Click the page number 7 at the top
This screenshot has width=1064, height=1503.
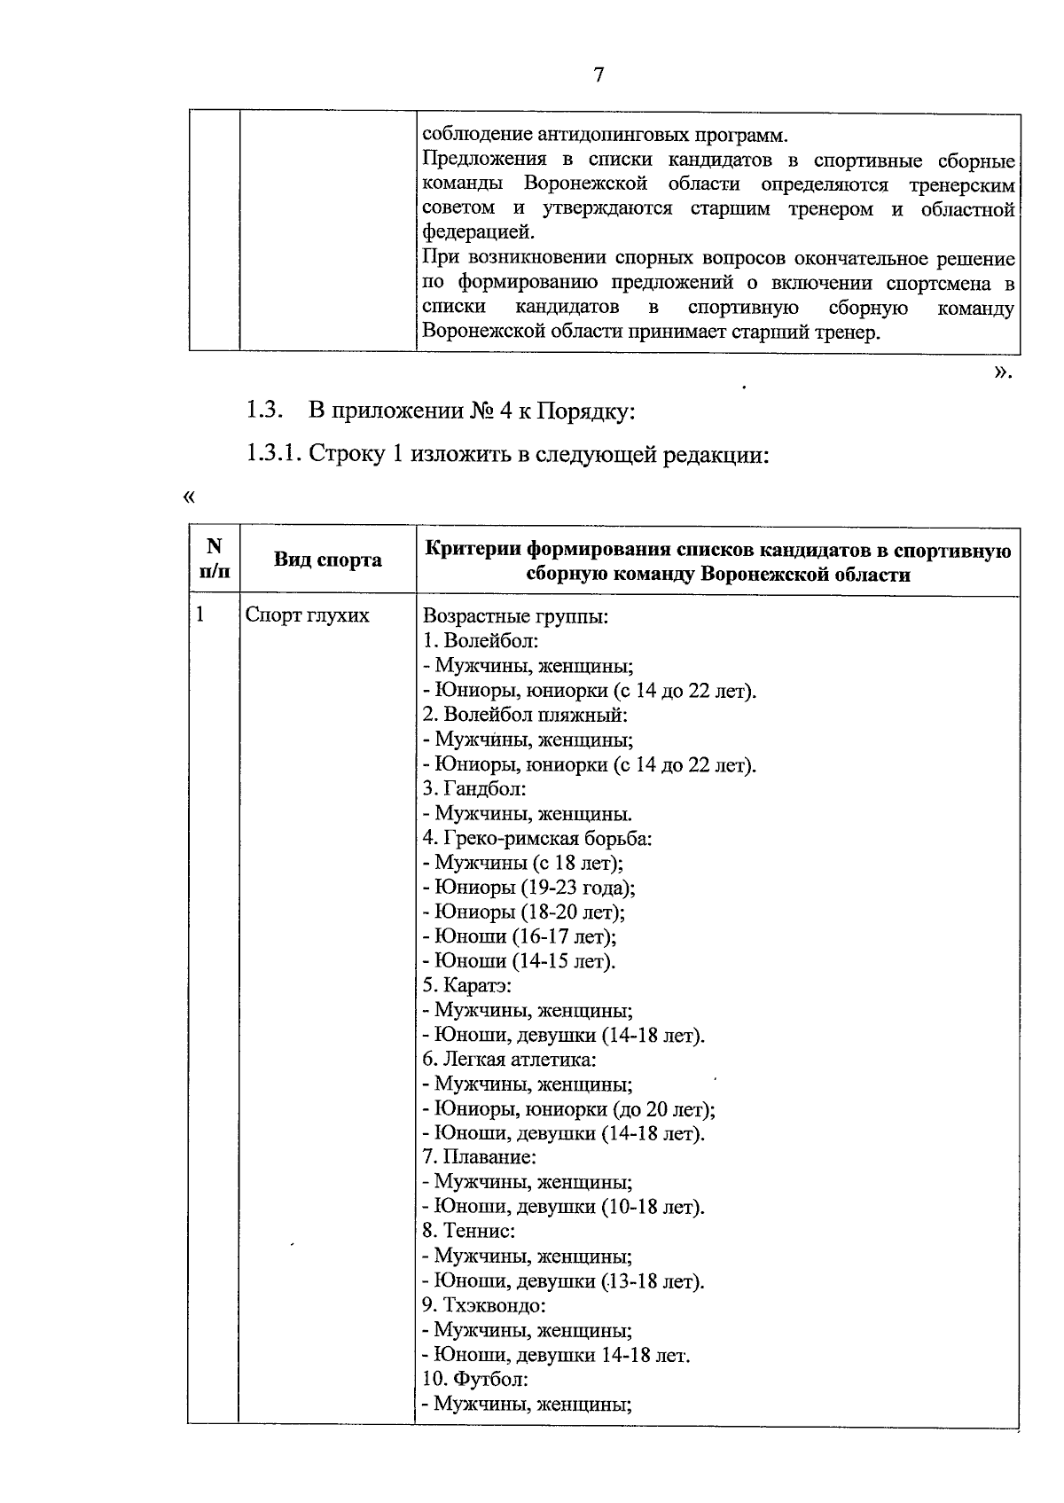click(598, 75)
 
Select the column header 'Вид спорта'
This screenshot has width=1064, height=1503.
click(327, 560)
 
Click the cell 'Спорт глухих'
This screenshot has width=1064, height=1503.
click(307, 615)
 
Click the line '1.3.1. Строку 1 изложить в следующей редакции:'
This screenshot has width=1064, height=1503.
click(506, 454)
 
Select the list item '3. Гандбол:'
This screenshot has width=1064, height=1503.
click(474, 788)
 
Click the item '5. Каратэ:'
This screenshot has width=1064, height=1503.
click(467, 985)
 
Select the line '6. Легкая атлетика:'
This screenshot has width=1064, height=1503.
click(509, 1059)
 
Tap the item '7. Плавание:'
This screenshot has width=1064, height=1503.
click(480, 1157)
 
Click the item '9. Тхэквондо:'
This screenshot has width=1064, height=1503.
click(483, 1305)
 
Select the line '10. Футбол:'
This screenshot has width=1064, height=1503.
click(475, 1379)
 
